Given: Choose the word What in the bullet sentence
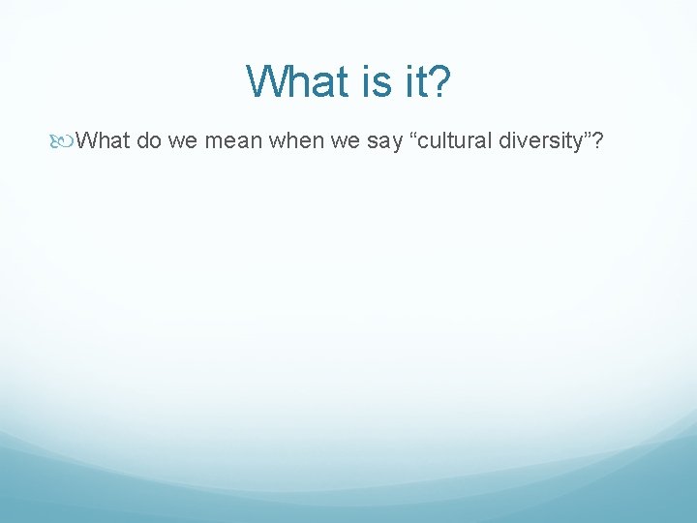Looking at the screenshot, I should (x=103, y=142).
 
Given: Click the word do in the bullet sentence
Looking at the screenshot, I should (x=148, y=142).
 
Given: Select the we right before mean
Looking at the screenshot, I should (x=182, y=142).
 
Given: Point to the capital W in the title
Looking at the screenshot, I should (x=264, y=81).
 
